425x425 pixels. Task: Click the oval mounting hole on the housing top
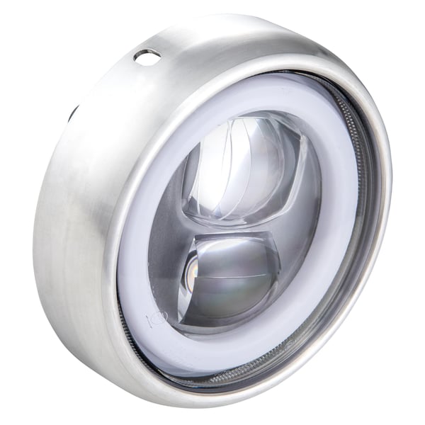147,57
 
